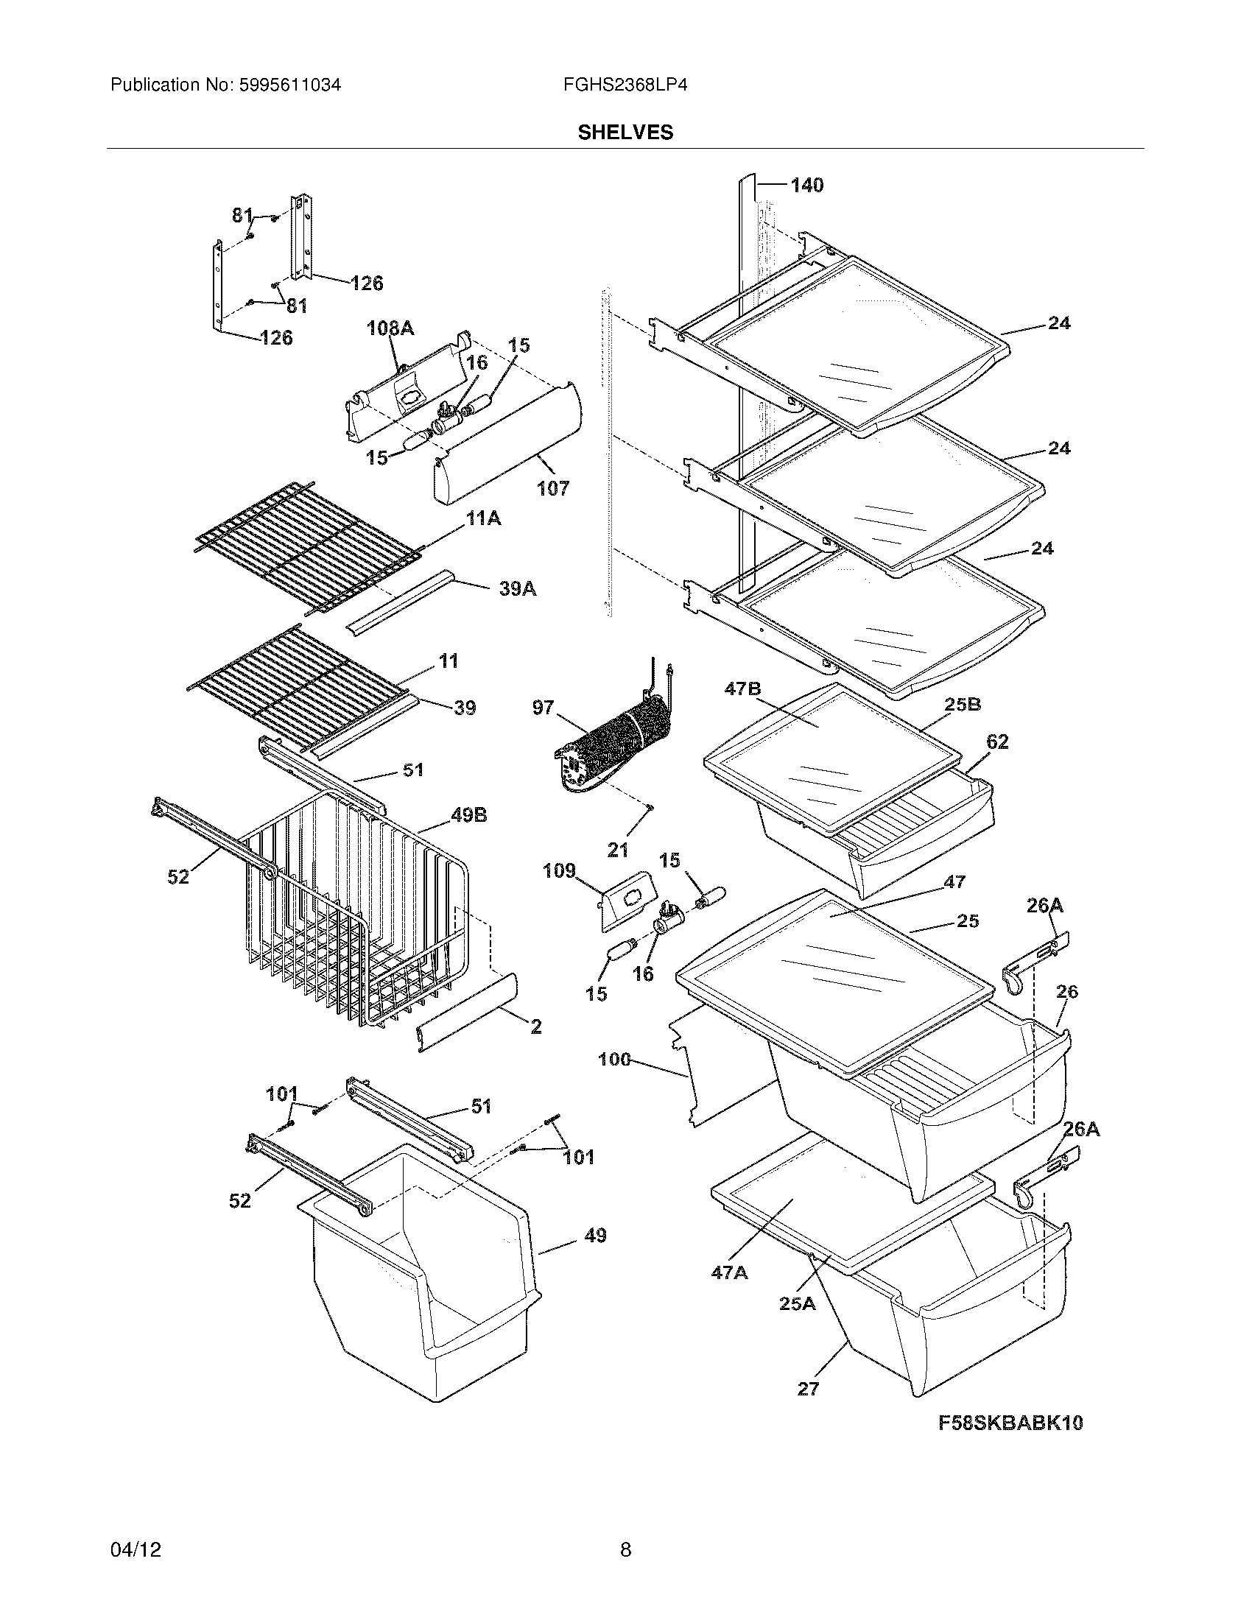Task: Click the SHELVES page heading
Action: tap(625, 132)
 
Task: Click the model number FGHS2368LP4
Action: tap(625, 85)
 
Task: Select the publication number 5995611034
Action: tap(290, 85)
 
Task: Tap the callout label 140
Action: tap(806, 185)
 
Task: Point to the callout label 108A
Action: tap(390, 328)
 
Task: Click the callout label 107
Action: tap(553, 488)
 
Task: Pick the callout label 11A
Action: tap(483, 518)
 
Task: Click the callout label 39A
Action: tap(517, 589)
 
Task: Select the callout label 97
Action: tap(543, 708)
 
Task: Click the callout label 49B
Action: tap(468, 815)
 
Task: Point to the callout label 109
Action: tap(558, 870)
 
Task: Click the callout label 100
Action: tap(614, 1059)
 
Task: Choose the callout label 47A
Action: tap(729, 1273)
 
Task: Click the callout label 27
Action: tap(808, 1389)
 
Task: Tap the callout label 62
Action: tap(997, 742)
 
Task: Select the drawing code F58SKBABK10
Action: tap(1010, 1423)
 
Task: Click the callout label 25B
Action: tap(963, 704)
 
